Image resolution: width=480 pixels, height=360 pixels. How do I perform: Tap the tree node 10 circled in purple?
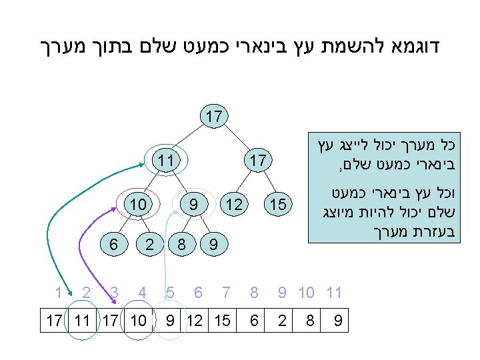(139, 204)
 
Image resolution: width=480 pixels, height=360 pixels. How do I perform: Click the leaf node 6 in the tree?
(114, 245)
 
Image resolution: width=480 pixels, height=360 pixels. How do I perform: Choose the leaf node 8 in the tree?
(181, 245)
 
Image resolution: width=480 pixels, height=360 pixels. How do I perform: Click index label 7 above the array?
(227, 292)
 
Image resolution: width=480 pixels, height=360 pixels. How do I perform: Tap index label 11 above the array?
(334, 292)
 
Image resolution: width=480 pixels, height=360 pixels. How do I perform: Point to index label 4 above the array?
(142, 292)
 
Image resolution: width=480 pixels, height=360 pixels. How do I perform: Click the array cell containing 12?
(195, 321)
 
